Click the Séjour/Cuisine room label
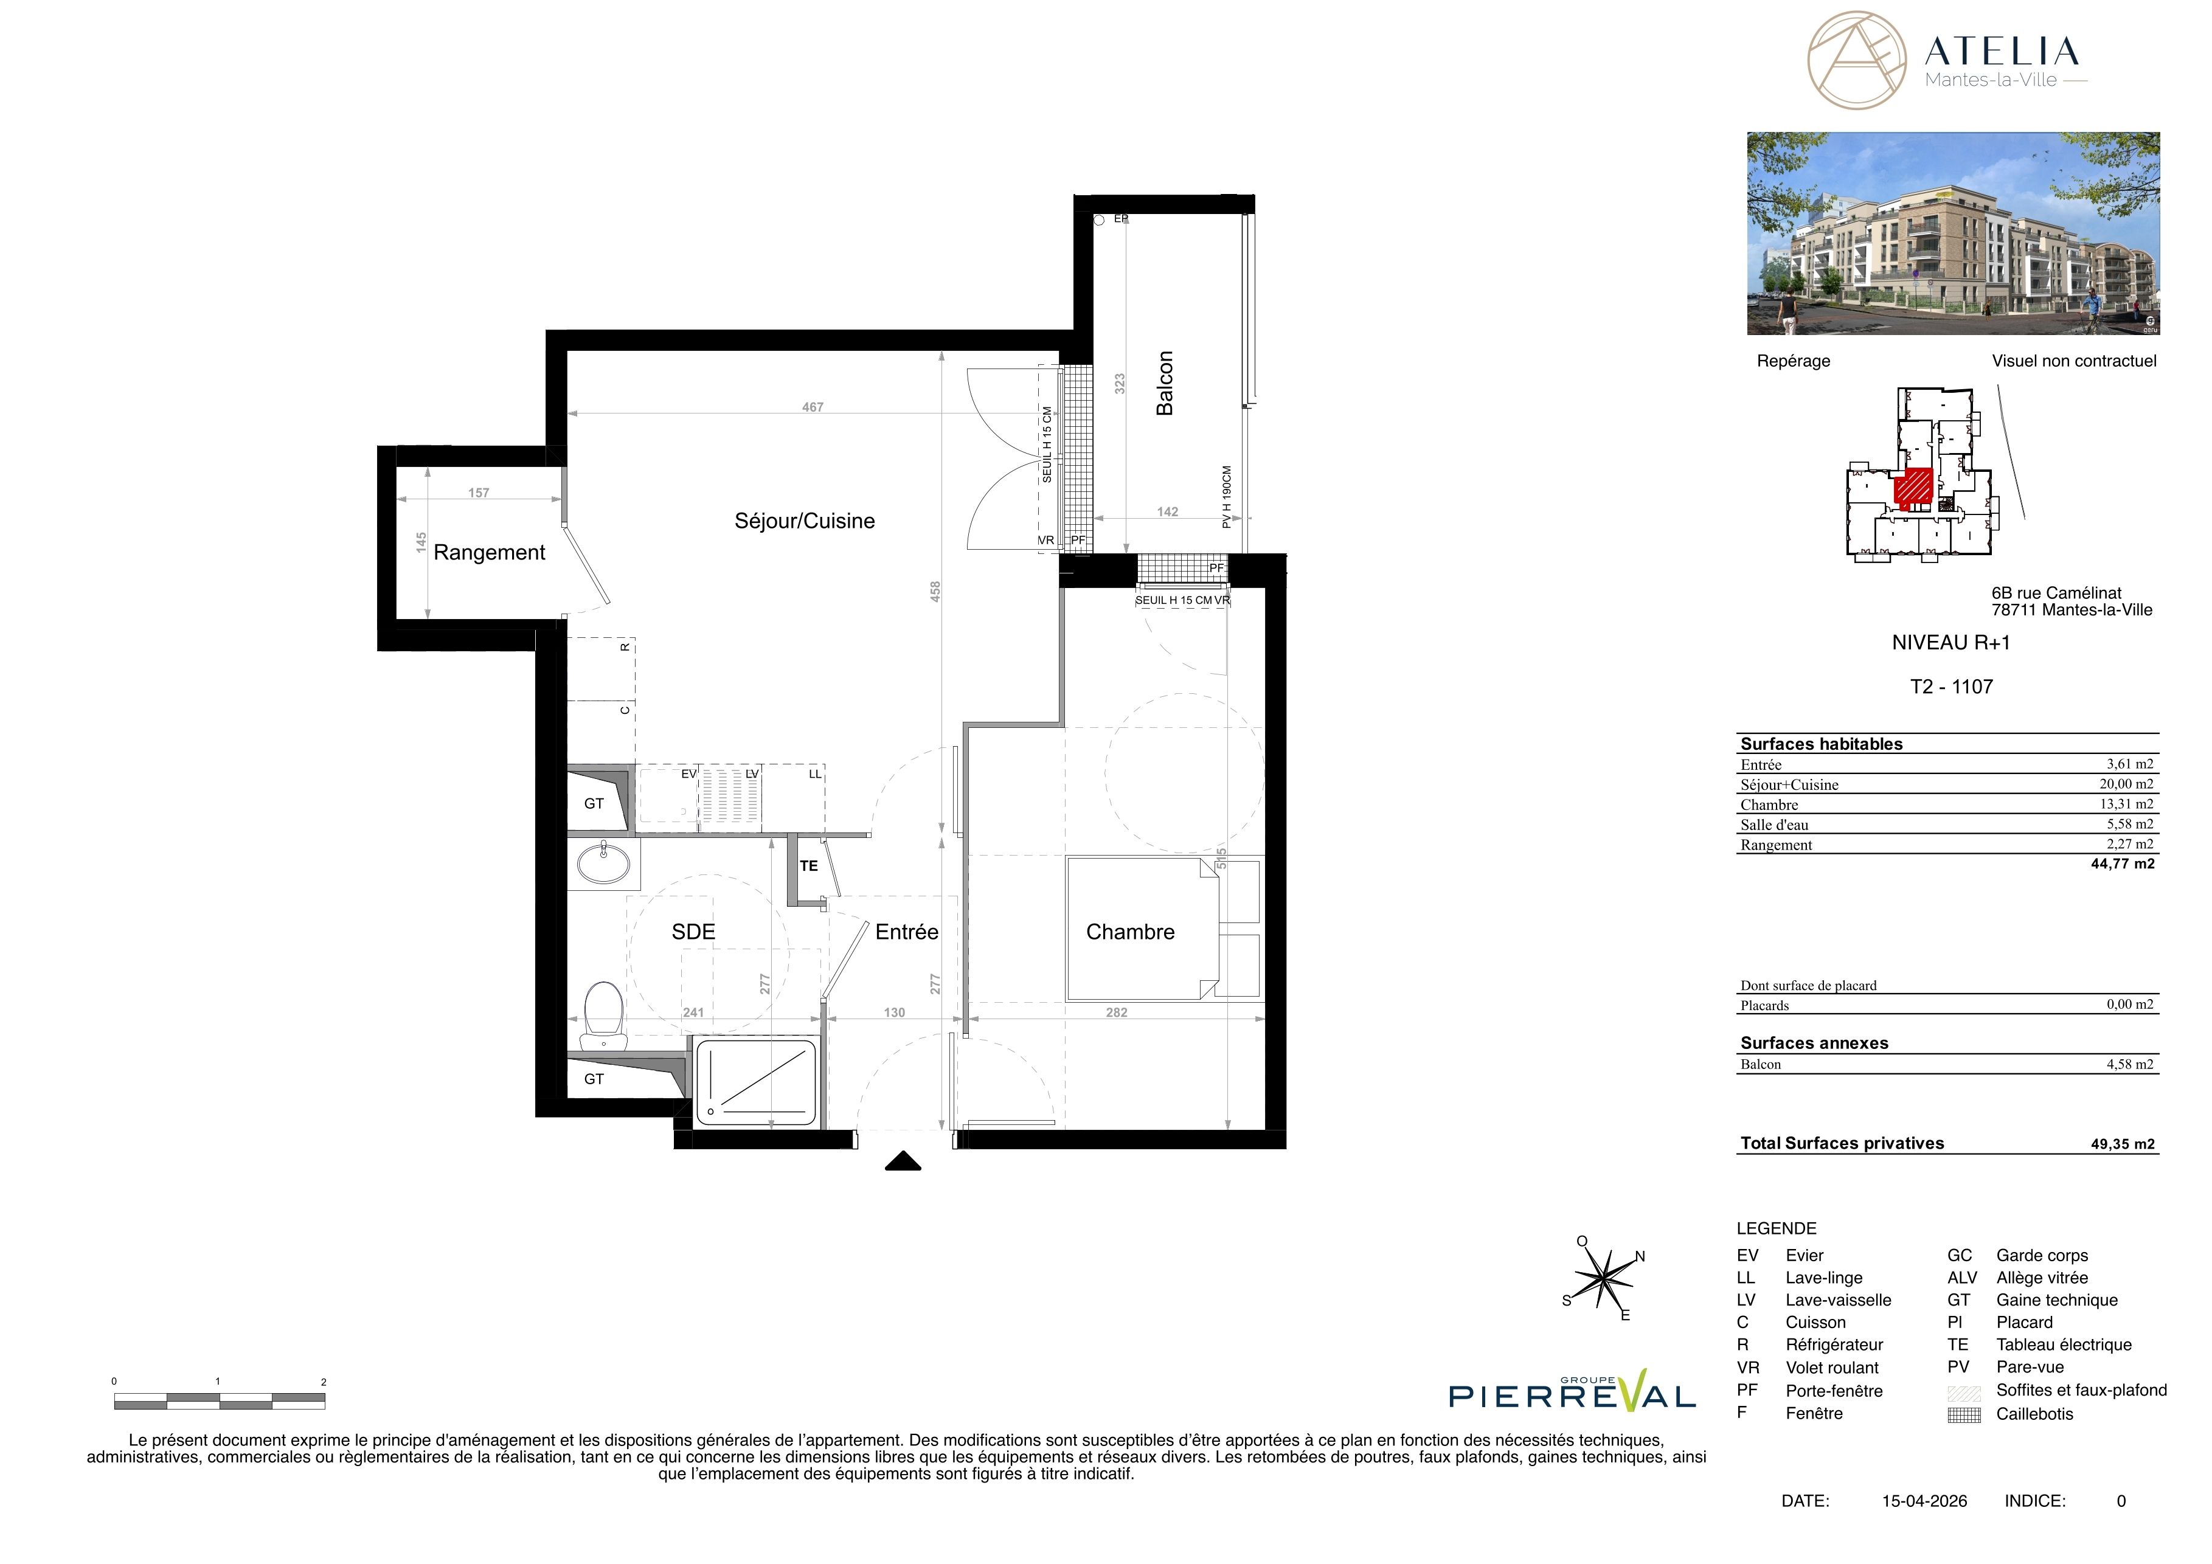[805, 521]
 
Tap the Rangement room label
[490, 553]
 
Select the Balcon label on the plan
[1165, 383]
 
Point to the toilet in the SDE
[604, 1015]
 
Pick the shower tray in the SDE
[755, 1082]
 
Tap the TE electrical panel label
[808, 866]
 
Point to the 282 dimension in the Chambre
[1117, 1012]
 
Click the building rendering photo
[1954, 234]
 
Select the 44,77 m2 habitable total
[2123, 864]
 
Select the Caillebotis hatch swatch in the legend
[1964, 1415]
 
